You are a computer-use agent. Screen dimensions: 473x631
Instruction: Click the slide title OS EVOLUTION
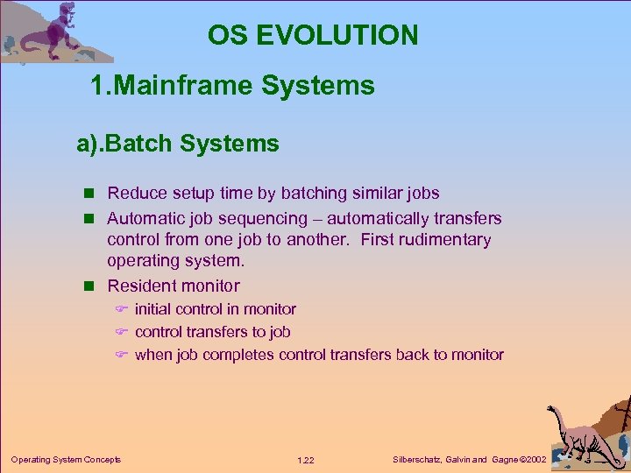click(x=313, y=35)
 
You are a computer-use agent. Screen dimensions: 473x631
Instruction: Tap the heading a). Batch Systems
click(x=177, y=144)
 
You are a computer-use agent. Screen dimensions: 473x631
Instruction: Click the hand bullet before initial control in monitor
click(x=122, y=309)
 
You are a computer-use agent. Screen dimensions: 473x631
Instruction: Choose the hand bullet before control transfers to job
click(x=122, y=332)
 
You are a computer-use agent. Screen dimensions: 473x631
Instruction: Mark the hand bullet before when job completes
click(x=122, y=355)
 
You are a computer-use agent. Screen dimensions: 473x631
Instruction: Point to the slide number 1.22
click(x=306, y=460)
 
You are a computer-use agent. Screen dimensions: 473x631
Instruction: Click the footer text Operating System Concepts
click(x=66, y=459)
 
